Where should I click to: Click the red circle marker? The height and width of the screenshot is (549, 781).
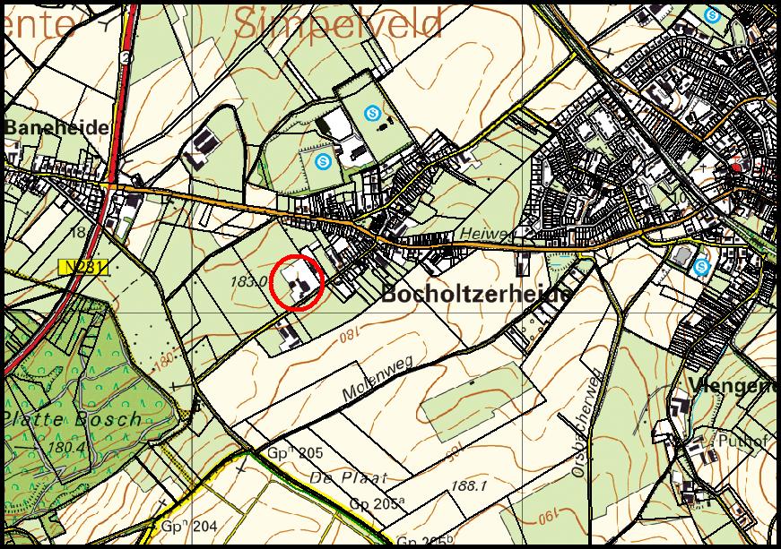pos(296,283)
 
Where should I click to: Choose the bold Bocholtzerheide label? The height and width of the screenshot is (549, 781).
pos(476,295)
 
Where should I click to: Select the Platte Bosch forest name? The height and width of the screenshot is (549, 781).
pos(71,418)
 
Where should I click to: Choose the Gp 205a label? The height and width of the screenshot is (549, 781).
pos(375,505)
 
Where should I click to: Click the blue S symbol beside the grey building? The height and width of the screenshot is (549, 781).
pos(702,266)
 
